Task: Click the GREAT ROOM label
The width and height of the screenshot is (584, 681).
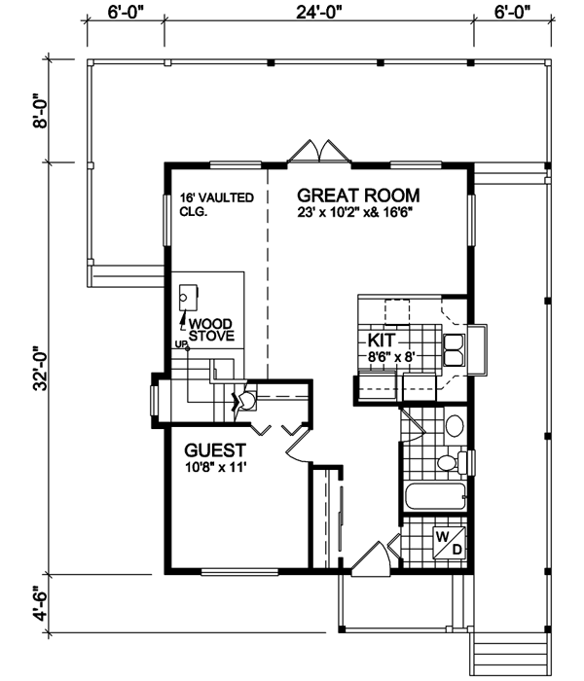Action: (x=358, y=196)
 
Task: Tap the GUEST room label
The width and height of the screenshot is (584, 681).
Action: (x=215, y=450)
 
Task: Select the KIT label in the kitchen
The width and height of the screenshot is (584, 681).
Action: (x=382, y=340)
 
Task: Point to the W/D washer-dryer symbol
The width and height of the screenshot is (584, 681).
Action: (x=450, y=543)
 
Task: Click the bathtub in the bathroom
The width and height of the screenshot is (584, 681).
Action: (x=436, y=497)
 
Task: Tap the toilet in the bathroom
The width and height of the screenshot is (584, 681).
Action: (x=452, y=462)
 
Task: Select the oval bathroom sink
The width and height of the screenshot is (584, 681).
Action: (x=455, y=426)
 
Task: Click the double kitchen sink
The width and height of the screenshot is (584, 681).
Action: (x=454, y=350)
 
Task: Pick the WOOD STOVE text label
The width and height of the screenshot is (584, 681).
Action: (x=211, y=330)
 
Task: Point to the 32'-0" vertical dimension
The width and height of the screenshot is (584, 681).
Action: (x=41, y=369)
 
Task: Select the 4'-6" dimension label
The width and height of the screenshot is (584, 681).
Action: (x=41, y=604)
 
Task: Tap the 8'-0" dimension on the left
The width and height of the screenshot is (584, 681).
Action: (x=41, y=110)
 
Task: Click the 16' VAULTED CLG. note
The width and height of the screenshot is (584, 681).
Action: (x=217, y=204)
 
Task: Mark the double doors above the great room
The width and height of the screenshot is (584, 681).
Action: (x=319, y=152)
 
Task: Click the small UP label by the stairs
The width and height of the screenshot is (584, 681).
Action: (x=180, y=344)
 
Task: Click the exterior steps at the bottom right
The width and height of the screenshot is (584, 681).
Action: (x=510, y=656)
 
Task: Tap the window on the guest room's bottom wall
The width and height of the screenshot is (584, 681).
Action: (x=239, y=572)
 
